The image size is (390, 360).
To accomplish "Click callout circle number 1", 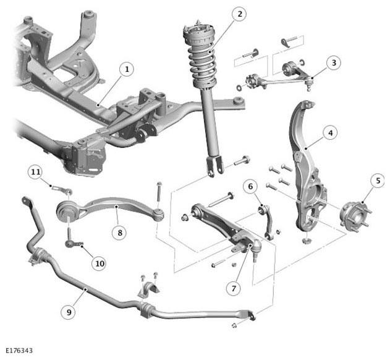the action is [127, 69].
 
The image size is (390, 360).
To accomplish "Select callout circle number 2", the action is [240, 14].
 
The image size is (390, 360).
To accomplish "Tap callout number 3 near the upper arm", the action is [334, 62].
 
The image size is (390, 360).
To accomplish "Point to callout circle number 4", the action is [330, 133].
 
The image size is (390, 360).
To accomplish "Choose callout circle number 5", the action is [378, 181].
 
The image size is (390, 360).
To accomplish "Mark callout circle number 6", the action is [250, 186].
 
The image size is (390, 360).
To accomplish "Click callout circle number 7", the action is [234, 288].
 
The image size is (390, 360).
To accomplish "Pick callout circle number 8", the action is [120, 233].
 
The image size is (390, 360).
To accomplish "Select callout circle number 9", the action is [69, 312].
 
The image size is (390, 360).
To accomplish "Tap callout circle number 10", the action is [100, 264].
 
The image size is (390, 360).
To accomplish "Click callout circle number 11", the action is [36, 172].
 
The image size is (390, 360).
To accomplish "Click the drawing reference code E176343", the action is [19, 351].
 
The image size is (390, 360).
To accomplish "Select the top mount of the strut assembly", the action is [198, 33].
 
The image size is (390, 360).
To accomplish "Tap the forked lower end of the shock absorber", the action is [214, 166].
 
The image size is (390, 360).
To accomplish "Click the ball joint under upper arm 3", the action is [309, 85].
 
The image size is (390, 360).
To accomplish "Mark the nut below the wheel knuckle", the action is [305, 241].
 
